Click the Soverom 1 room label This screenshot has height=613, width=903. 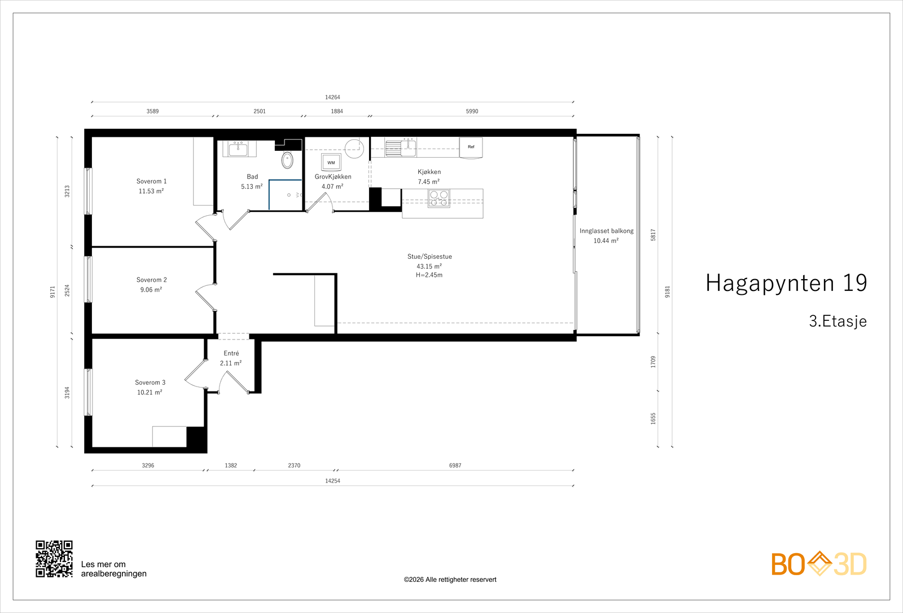pyautogui.click(x=151, y=181)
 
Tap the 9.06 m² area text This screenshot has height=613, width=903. pyautogui.click(x=151, y=290)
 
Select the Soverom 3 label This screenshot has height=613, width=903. pyautogui.click(x=150, y=382)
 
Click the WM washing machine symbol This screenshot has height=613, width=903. pyautogui.click(x=331, y=162)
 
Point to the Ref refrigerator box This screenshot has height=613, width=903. pyautogui.click(x=471, y=147)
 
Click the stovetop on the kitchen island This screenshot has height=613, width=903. pyautogui.click(x=439, y=198)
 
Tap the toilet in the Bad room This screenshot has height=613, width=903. pyautogui.click(x=287, y=160)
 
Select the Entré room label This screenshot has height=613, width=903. pyautogui.click(x=231, y=354)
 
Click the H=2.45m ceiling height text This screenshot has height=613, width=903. pyautogui.click(x=429, y=275)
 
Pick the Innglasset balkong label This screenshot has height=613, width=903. pyautogui.click(x=606, y=231)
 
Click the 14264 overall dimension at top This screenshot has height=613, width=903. pyautogui.click(x=332, y=97)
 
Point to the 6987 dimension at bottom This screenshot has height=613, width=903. pyautogui.click(x=455, y=466)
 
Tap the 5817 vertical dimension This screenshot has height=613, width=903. pyautogui.click(x=653, y=235)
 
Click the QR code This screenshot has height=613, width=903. pyautogui.click(x=54, y=559)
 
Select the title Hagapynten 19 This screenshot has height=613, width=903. pyautogui.click(x=786, y=283)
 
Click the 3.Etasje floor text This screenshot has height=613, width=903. pyautogui.click(x=838, y=321)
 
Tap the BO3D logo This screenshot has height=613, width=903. pyautogui.click(x=818, y=564)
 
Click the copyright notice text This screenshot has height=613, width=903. pyautogui.click(x=450, y=580)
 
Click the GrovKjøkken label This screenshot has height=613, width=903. pyautogui.click(x=333, y=177)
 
